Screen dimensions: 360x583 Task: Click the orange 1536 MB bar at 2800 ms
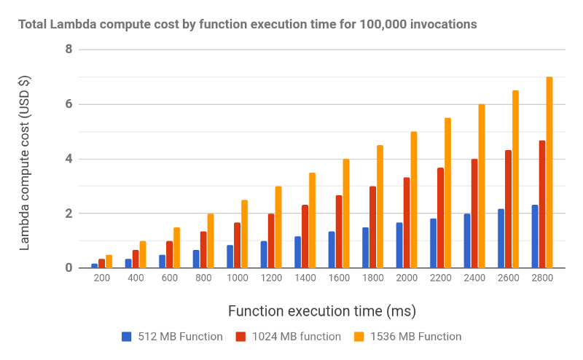tap(549, 173)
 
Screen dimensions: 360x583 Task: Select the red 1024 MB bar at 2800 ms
tap(542, 204)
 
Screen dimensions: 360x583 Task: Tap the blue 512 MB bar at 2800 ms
tap(535, 236)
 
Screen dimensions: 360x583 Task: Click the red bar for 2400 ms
tap(474, 214)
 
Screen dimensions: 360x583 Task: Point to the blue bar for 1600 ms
tap(332, 250)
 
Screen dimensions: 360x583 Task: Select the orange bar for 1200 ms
tap(278, 227)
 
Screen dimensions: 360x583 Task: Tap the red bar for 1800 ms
tap(372, 227)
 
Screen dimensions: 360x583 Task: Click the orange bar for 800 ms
tap(211, 241)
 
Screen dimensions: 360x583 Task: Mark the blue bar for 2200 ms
tap(433, 243)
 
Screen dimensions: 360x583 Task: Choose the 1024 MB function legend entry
tap(289, 337)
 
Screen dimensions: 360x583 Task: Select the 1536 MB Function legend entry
tap(408, 337)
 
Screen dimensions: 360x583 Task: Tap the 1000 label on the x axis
tap(238, 280)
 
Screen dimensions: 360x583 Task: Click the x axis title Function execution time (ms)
tap(322, 311)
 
